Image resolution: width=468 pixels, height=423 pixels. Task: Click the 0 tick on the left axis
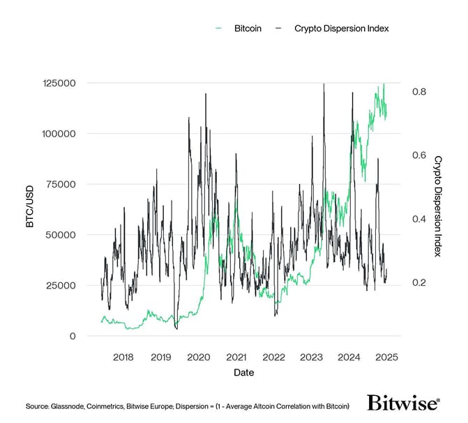pyautogui.click(x=73, y=337)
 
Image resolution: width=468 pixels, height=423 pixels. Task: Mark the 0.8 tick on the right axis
pyautogui.click(x=418, y=91)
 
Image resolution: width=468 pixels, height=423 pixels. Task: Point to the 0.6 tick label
pyautogui.click(x=418, y=155)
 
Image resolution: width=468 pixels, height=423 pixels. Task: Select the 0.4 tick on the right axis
pyautogui.click(x=418, y=219)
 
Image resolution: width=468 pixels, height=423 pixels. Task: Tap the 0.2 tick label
pyautogui.click(x=418, y=282)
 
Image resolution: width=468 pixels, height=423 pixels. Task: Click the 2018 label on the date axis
pyautogui.click(x=123, y=357)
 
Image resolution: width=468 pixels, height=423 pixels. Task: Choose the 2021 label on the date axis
pyautogui.click(x=236, y=357)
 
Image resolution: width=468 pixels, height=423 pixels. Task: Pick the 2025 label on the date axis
pyautogui.click(x=386, y=357)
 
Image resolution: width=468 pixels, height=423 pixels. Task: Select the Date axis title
pyautogui.click(x=244, y=373)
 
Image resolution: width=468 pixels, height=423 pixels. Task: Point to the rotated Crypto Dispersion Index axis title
pyautogui.click(x=438, y=206)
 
